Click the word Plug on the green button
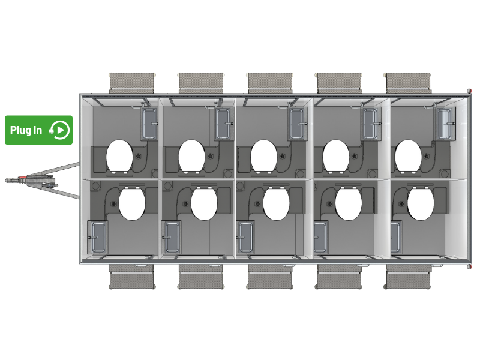pyautogui.click(x=21, y=130)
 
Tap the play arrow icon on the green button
pyautogui.click(x=61, y=130)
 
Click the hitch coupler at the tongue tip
pyautogui.click(x=12, y=181)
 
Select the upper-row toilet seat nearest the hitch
pyautogui.click(x=119, y=156)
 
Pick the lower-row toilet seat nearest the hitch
pyautogui.click(x=131, y=203)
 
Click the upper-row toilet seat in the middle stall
pyautogui.click(x=264, y=156)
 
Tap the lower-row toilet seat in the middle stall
pyautogui.click(x=276, y=203)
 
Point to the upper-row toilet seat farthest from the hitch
pyautogui.click(x=409, y=156)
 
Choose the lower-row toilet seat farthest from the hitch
pyautogui.click(x=421, y=203)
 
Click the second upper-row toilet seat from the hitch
pyautogui.click(x=191, y=156)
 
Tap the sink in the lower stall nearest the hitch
pyautogui.click(x=98, y=237)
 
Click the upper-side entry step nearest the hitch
pyautogui.click(x=131, y=83)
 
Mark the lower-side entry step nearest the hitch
pyautogui.click(x=131, y=277)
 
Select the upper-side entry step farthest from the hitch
pyautogui.click(x=408, y=83)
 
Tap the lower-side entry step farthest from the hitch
pyautogui.click(x=408, y=277)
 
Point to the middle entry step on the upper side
pyautogui.click(x=270, y=83)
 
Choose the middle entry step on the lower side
pyautogui.click(x=270, y=277)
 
